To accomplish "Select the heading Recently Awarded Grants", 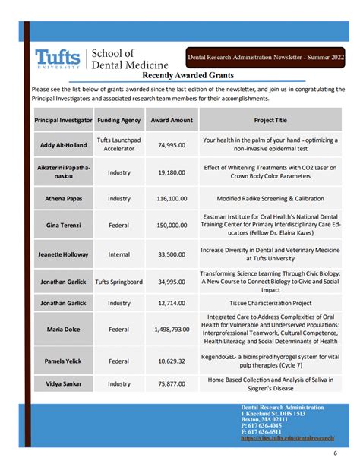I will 188,75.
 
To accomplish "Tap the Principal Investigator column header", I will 64,120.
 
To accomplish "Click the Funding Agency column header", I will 119,120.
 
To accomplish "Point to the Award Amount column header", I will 172,120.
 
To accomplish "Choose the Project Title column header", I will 270,120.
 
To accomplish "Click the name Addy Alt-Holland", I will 64,144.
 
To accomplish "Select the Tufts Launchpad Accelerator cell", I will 119,144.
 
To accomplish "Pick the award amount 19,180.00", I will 172,172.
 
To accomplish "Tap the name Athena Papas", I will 64,199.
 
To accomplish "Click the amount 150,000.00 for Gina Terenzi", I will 172,226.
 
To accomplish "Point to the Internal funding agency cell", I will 119,254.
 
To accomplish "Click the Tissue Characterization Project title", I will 270,302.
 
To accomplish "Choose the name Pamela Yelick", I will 64,361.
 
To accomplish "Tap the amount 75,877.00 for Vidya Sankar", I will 172,383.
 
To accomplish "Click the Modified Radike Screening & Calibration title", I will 270,199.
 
